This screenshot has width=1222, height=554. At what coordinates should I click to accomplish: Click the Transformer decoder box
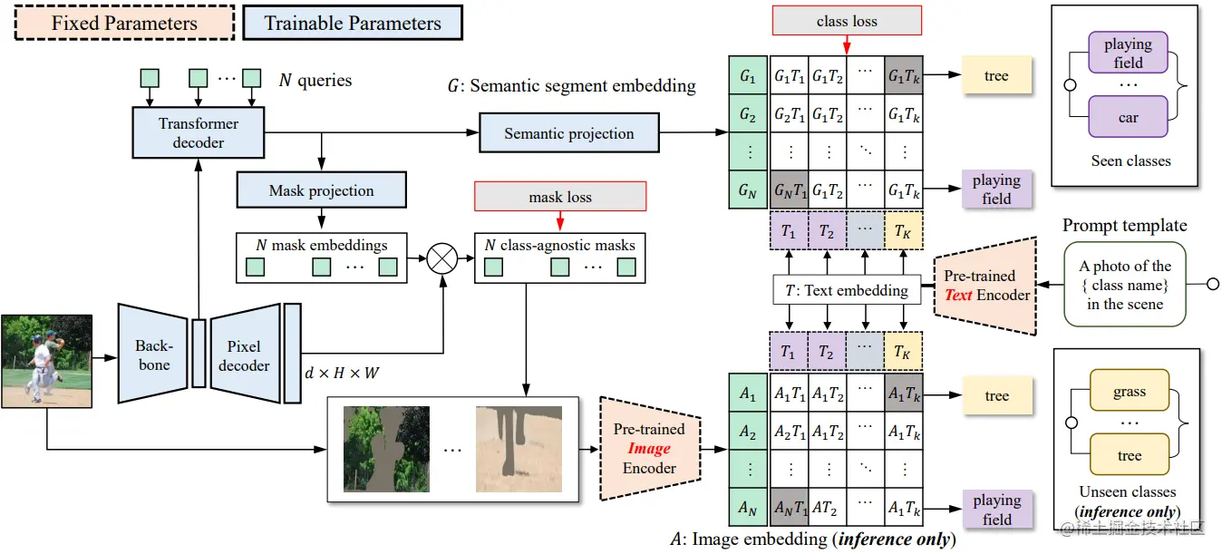[199, 132]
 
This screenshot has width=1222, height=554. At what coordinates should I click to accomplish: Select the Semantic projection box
[569, 132]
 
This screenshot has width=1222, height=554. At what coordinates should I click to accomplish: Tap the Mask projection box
[321, 190]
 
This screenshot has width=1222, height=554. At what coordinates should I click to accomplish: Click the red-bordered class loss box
[847, 21]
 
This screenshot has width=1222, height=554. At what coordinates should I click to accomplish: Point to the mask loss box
[560, 197]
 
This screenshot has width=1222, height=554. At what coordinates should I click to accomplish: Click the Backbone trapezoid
[153, 354]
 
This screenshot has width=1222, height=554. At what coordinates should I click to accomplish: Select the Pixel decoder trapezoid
[245, 354]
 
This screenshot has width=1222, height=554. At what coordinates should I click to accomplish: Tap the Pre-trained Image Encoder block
[650, 449]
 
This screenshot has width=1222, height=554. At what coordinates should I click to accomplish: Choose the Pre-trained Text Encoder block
[985, 286]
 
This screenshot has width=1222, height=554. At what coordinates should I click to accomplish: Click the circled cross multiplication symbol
[441, 258]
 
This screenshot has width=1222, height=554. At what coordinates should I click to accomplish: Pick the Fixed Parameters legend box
[125, 23]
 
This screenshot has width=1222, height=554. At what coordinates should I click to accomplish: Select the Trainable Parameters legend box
[353, 23]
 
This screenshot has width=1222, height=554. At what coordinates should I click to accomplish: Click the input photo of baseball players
[47, 362]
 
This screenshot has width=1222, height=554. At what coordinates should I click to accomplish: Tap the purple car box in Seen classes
[1128, 117]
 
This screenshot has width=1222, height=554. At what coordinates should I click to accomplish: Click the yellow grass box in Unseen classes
[1130, 390]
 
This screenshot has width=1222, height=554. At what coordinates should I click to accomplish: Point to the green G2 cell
[748, 113]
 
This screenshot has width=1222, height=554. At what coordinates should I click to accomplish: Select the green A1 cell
[748, 393]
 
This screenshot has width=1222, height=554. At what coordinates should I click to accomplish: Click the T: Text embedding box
[847, 290]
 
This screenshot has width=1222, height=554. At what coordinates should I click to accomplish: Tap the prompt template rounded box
[1125, 285]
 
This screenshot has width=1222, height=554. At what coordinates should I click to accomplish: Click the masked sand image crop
[519, 449]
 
